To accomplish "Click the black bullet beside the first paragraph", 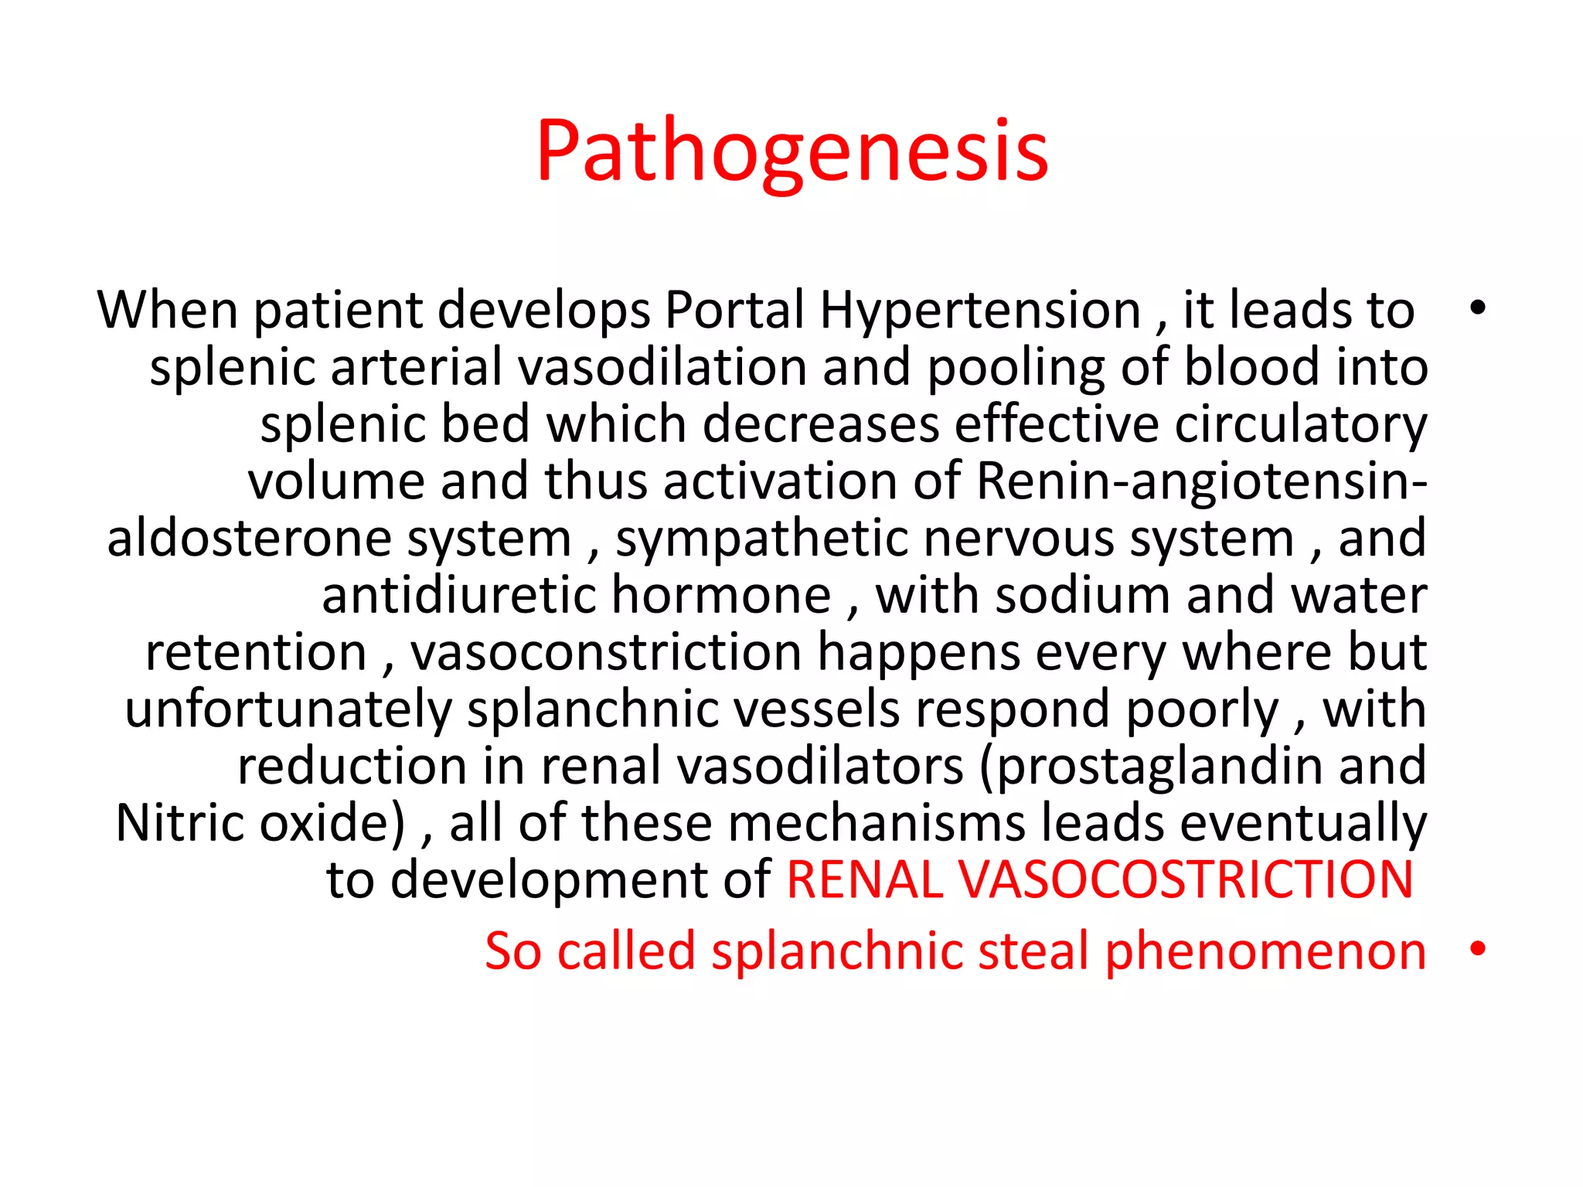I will [1478, 308].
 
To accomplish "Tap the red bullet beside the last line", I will [1478, 948].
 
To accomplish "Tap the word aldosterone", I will [250, 539].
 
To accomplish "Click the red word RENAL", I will [864, 880].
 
